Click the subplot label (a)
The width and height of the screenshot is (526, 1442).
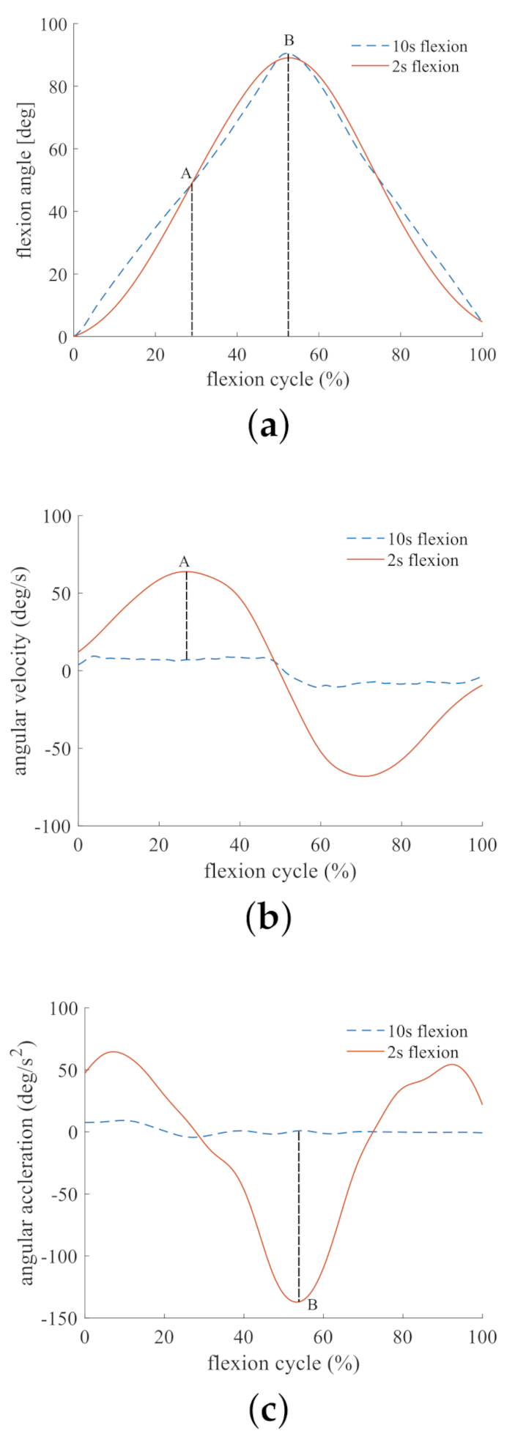point(267,426)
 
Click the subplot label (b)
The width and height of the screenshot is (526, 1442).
point(269,917)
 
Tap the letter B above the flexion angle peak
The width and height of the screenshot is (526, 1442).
point(289,40)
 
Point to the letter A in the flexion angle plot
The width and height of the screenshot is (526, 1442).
point(186,174)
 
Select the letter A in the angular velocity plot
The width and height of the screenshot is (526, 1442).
point(184,562)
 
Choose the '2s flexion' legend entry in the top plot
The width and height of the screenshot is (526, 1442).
point(426,67)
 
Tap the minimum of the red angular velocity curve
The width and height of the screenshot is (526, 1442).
point(364,776)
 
